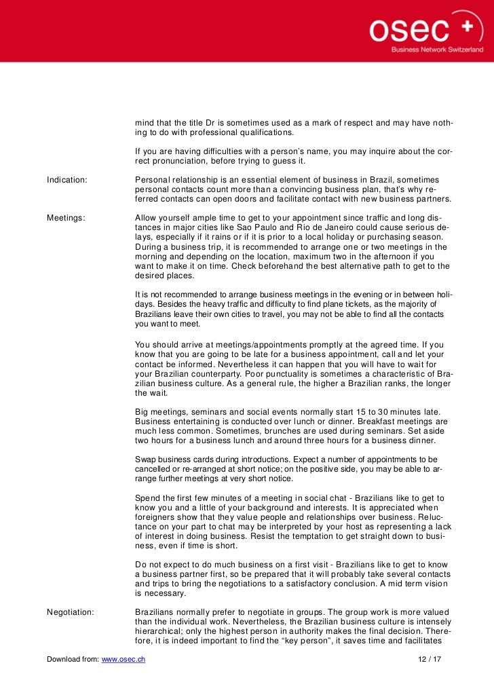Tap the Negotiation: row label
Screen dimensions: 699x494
70,612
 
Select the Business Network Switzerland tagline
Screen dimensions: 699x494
437,50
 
